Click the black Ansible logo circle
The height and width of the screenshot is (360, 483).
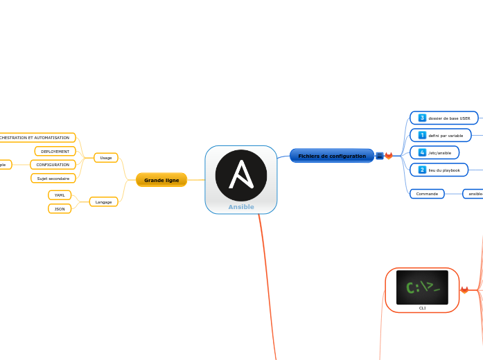click(x=240, y=175)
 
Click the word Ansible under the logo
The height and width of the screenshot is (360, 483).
click(x=241, y=207)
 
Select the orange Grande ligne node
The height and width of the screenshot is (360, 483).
click(x=161, y=180)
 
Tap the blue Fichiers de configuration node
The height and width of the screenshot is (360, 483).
click(x=332, y=156)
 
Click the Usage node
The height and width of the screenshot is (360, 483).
click(x=106, y=158)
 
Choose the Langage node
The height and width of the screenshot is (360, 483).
click(x=103, y=202)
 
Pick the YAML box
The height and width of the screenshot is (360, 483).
click(x=60, y=195)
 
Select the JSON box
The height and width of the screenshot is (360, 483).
click(x=60, y=208)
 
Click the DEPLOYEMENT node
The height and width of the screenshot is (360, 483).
click(x=55, y=151)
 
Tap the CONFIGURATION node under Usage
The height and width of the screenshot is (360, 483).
click(x=53, y=165)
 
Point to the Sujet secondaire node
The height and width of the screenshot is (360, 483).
click(x=53, y=178)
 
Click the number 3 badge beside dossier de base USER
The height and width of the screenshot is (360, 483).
click(x=422, y=118)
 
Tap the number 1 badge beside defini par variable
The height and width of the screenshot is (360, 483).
click(x=422, y=136)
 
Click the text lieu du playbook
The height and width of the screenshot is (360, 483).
click(x=445, y=170)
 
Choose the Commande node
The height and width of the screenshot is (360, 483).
click(x=427, y=194)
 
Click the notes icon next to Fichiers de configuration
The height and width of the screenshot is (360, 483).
click(x=380, y=156)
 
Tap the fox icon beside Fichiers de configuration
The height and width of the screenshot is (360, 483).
click(x=389, y=156)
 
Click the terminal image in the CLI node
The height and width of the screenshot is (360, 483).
click(x=422, y=287)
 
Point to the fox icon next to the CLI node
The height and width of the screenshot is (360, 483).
click(x=464, y=290)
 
